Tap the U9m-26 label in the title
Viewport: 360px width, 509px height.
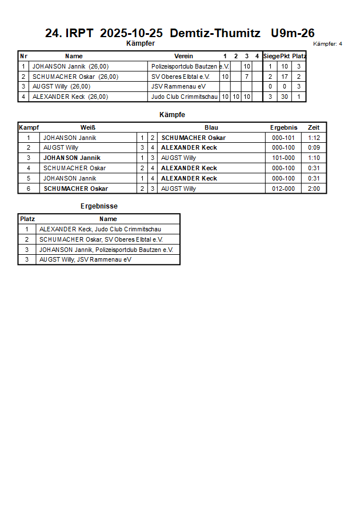pyautogui.click(x=293, y=33)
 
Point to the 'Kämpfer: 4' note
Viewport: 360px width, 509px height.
pyautogui.click(x=328, y=43)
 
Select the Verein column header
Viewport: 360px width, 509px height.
pyautogui.click(x=183, y=56)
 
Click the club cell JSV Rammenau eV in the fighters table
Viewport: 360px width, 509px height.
pyautogui.click(x=178, y=86)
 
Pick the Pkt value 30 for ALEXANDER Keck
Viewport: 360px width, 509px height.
pyautogui.click(x=285, y=97)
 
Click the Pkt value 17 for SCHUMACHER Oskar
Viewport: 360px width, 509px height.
pyautogui.click(x=285, y=77)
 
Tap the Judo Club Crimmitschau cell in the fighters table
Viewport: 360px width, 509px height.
pyautogui.click(x=185, y=97)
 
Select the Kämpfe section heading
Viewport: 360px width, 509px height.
pyautogui.click(x=172, y=115)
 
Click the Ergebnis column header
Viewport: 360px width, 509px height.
pyautogui.click(x=283, y=127)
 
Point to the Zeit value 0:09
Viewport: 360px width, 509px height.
pyautogui.click(x=314, y=147)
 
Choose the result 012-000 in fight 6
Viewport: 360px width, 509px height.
pyautogui.click(x=283, y=189)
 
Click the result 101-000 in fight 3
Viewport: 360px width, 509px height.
pyautogui.click(x=283, y=158)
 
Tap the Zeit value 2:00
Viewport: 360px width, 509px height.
pyautogui.click(x=314, y=189)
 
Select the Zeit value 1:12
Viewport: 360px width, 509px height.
pyautogui.click(x=314, y=138)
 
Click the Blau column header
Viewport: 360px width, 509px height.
pyautogui.click(x=211, y=127)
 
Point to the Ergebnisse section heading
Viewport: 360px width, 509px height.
pyautogui.click(x=99, y=206)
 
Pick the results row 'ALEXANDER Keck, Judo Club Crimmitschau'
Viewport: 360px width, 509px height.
pyautogui.click(x=100, y=229)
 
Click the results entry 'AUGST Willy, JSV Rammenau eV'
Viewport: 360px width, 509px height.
pyautogui.click(x=85, y=259)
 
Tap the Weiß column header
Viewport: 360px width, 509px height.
pyautogui.click(x=88, y=127)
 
